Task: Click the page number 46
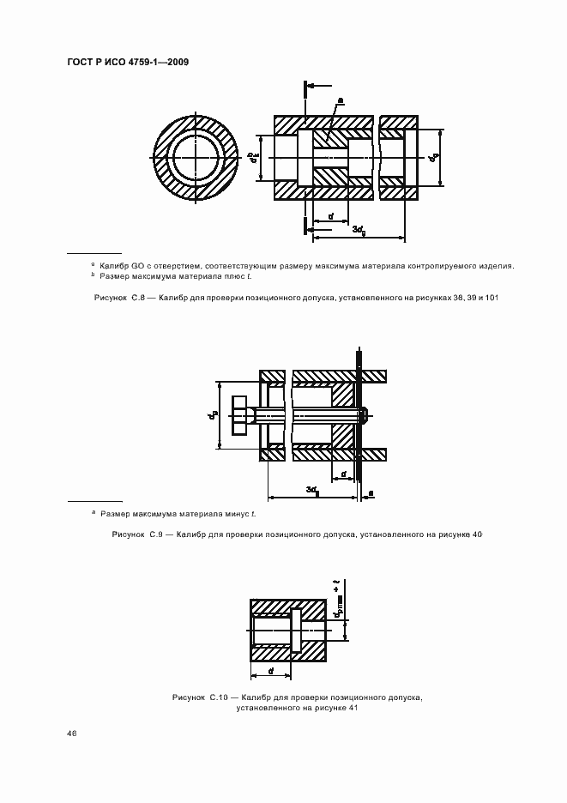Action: [71, 734]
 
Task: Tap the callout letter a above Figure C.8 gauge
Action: [340, 100]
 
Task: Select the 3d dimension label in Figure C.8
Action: [361, 229]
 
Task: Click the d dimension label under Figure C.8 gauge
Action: [330, 215]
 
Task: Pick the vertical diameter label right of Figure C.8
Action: [435, 158]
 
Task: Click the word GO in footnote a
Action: [140, 266]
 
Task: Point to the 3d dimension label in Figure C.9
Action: [313, 490]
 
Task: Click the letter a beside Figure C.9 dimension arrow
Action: [371, 492]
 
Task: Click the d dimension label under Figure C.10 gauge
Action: [271, 670]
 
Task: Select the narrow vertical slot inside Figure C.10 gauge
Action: [297, 631]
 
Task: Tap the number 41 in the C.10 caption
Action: [352, 709]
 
